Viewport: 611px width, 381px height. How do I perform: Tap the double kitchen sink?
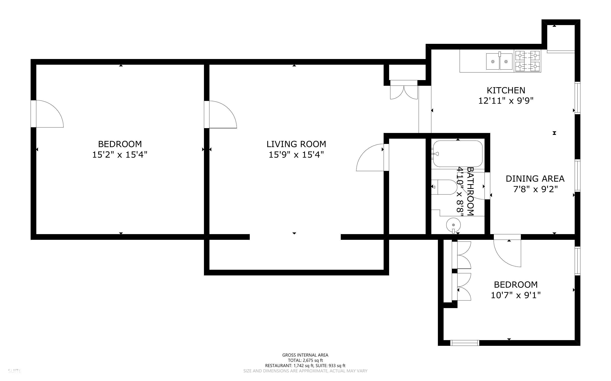(x=499, y=61)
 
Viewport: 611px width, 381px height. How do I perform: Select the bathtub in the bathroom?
(x=458, y=154)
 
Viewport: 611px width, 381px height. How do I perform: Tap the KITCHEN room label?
(x=506, y=90)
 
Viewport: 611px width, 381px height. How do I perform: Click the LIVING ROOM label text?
(x=296, y=144)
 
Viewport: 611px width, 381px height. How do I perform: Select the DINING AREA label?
(x=535, y=179)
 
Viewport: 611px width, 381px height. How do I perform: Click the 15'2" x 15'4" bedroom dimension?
(x=120, y=155)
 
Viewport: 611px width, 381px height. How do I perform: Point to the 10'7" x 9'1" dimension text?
(x=516, y=295)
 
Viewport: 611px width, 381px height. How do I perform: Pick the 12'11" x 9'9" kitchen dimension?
(x=506, y=101)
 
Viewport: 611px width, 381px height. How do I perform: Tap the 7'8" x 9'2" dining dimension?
(x=535, y=189)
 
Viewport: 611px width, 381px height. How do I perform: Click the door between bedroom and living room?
(x=220, y=115)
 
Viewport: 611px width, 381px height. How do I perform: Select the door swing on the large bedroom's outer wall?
(x=47, y=114)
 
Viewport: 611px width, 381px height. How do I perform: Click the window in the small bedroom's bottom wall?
(x=465, y=343)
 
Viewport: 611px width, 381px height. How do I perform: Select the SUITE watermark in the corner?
(x=15, y=371)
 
